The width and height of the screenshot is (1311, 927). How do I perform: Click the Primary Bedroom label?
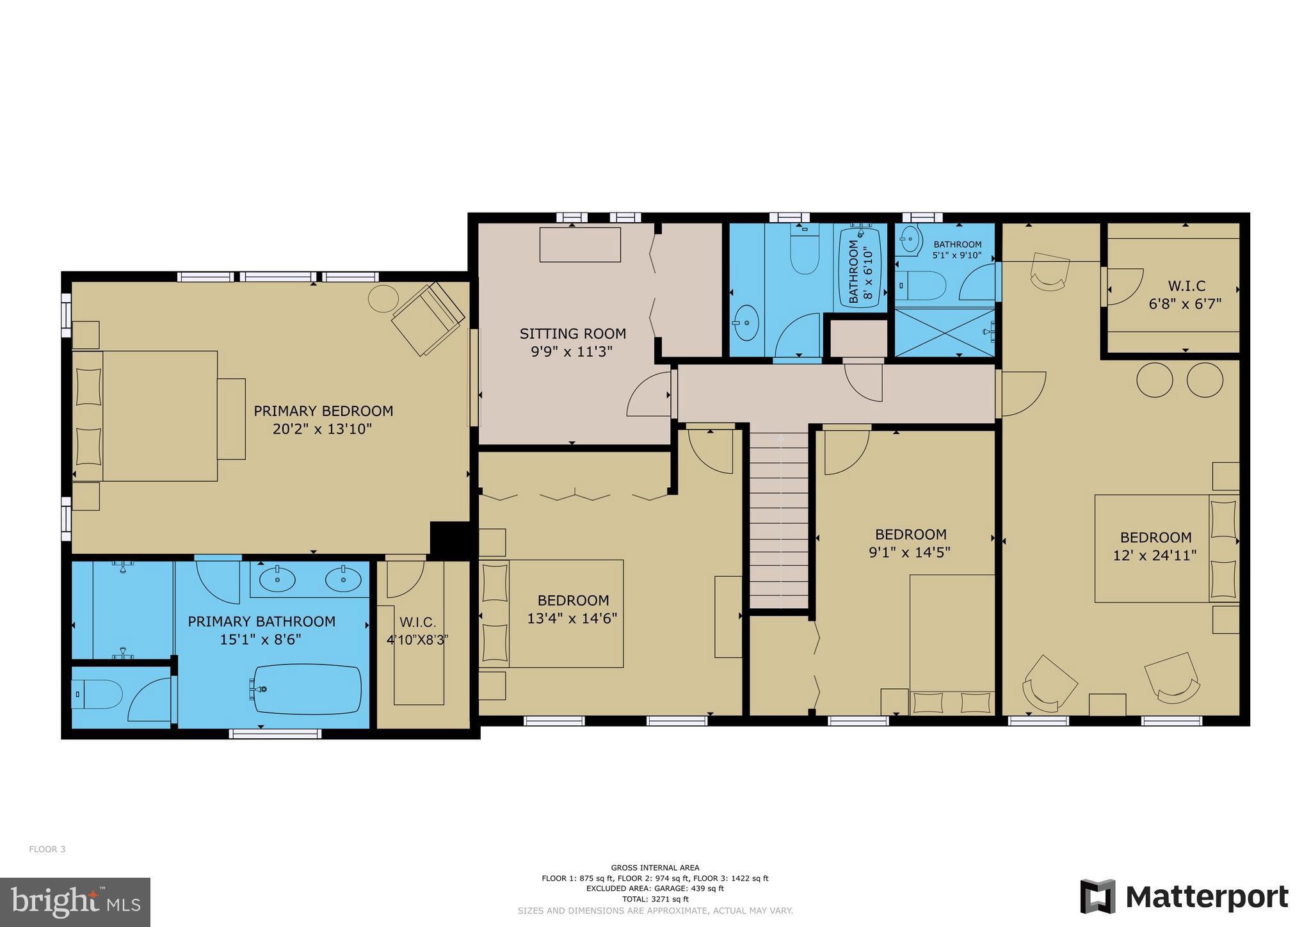[x=323, y=411]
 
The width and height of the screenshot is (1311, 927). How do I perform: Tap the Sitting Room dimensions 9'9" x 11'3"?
[x=572, y=351]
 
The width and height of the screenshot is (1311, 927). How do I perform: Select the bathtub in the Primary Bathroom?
[x=308, y=689]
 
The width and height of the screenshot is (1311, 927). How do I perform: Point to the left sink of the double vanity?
[x=277, y=579]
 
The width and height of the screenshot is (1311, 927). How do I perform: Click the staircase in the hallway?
[x=778, y=519]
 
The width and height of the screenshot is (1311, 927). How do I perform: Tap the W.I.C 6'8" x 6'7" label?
[x=1185, y=294]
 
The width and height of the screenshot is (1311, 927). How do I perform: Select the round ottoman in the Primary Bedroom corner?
[x=383, y=298]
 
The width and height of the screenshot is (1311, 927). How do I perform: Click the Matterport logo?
[x=1184, y=896]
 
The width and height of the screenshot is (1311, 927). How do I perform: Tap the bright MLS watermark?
[x=76, y=902]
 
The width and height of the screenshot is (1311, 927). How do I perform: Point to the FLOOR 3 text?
[x=47, y=850]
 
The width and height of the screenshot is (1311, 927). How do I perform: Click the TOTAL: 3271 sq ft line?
[x=655, y=899]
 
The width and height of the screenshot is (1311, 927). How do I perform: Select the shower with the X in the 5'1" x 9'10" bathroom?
[x=944, y=333]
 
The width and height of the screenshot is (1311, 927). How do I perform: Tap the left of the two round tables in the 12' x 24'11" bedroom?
[x=1154, y=380]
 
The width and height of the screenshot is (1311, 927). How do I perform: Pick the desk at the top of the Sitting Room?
[x=580, y=245]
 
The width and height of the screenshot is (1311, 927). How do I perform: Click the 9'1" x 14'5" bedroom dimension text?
[x=910, y=552]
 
